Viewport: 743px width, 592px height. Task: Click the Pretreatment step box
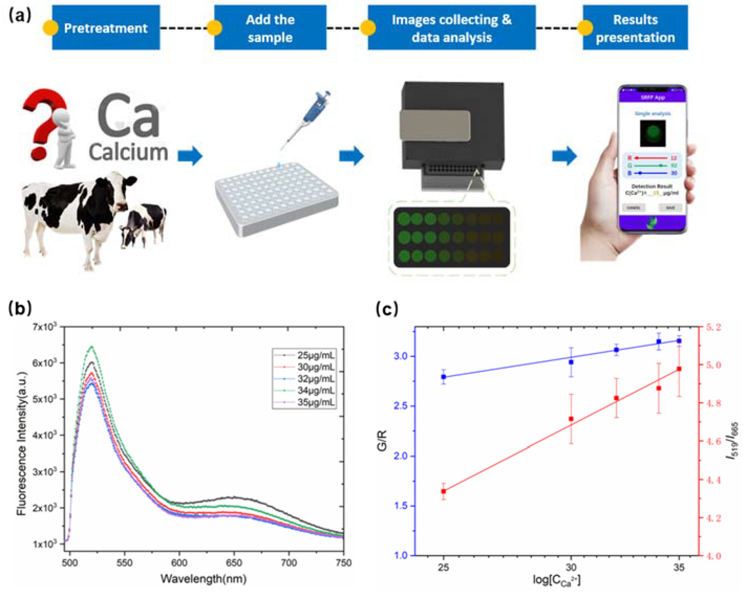(106, 28)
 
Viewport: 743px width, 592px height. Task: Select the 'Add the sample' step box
(270, 28)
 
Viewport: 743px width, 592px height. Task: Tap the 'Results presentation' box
(635, 28)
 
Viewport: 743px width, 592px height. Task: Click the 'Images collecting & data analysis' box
(451, 28)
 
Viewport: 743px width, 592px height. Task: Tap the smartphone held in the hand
(652, 159)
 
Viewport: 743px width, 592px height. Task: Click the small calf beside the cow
(143, 224)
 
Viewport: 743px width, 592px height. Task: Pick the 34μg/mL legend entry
(315, 390)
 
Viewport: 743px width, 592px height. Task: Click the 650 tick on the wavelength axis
(234, 563)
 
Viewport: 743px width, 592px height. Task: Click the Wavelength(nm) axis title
(203, 579)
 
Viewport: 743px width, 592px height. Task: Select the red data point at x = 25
(443, 491)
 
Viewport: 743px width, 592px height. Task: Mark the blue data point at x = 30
(571, 362)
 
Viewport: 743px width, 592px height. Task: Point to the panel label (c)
(387, 309)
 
